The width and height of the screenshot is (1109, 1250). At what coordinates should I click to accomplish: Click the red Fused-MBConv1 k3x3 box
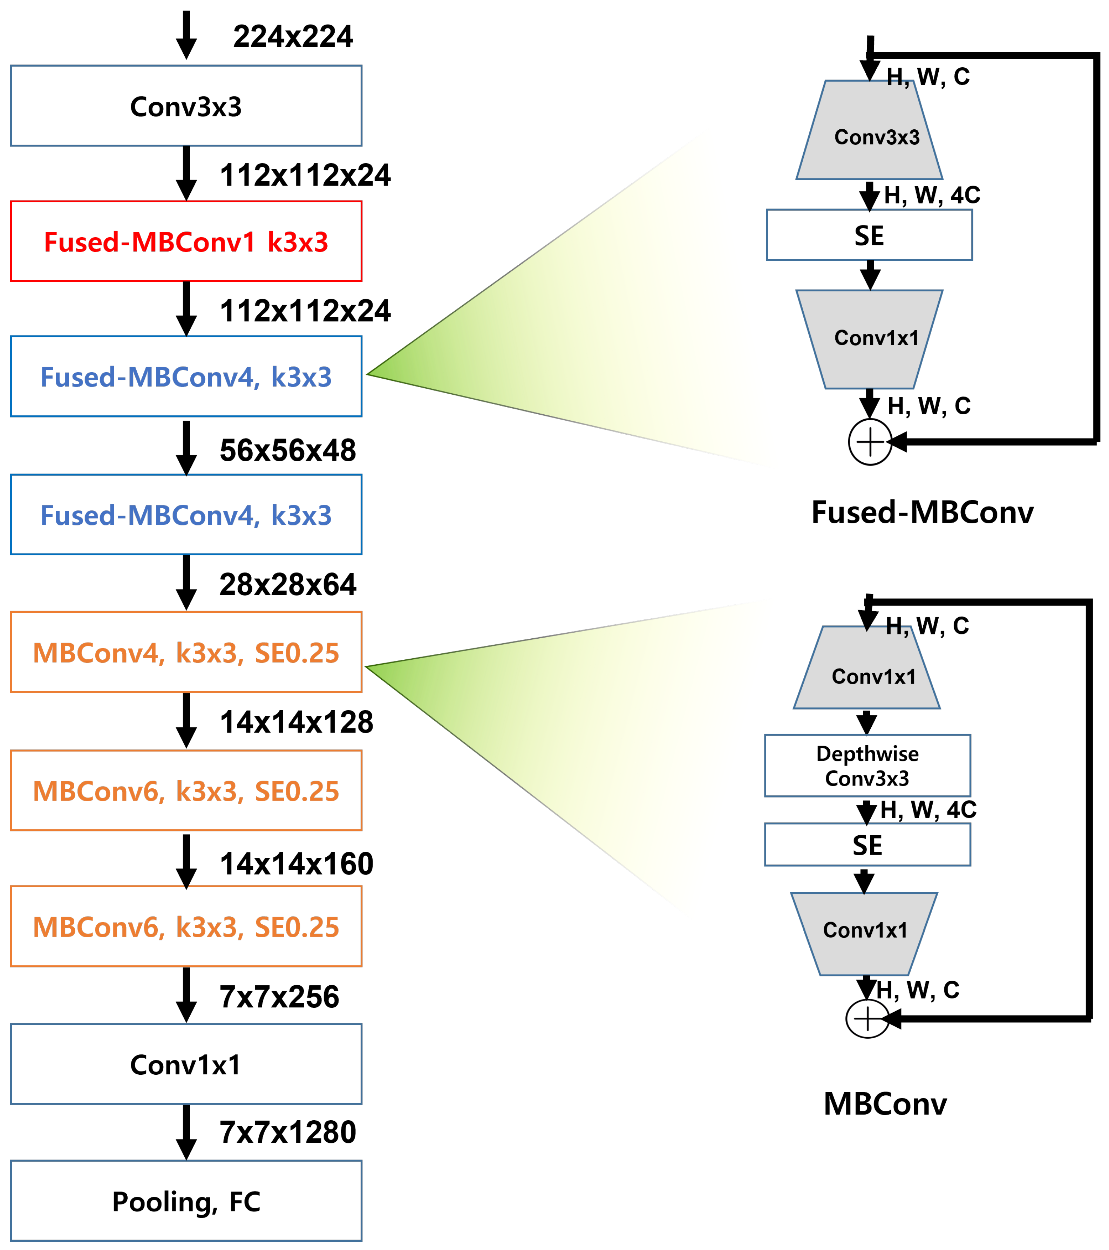point(186,242)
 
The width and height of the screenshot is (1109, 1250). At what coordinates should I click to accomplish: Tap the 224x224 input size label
point(293,37)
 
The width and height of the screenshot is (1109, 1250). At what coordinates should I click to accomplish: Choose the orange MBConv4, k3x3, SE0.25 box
point(186,653)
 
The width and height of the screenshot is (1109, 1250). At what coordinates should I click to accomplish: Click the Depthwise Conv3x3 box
point(867,766)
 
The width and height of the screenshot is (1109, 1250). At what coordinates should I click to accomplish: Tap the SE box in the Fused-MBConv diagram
point(869,236)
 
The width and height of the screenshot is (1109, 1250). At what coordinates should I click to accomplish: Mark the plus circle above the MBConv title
point(867,1019)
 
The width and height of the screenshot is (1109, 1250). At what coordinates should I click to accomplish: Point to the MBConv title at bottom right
point(885,1104)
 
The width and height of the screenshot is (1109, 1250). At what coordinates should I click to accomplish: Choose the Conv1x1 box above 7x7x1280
point(186,1065)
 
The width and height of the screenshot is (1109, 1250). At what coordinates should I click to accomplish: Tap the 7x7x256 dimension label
point(279,997)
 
